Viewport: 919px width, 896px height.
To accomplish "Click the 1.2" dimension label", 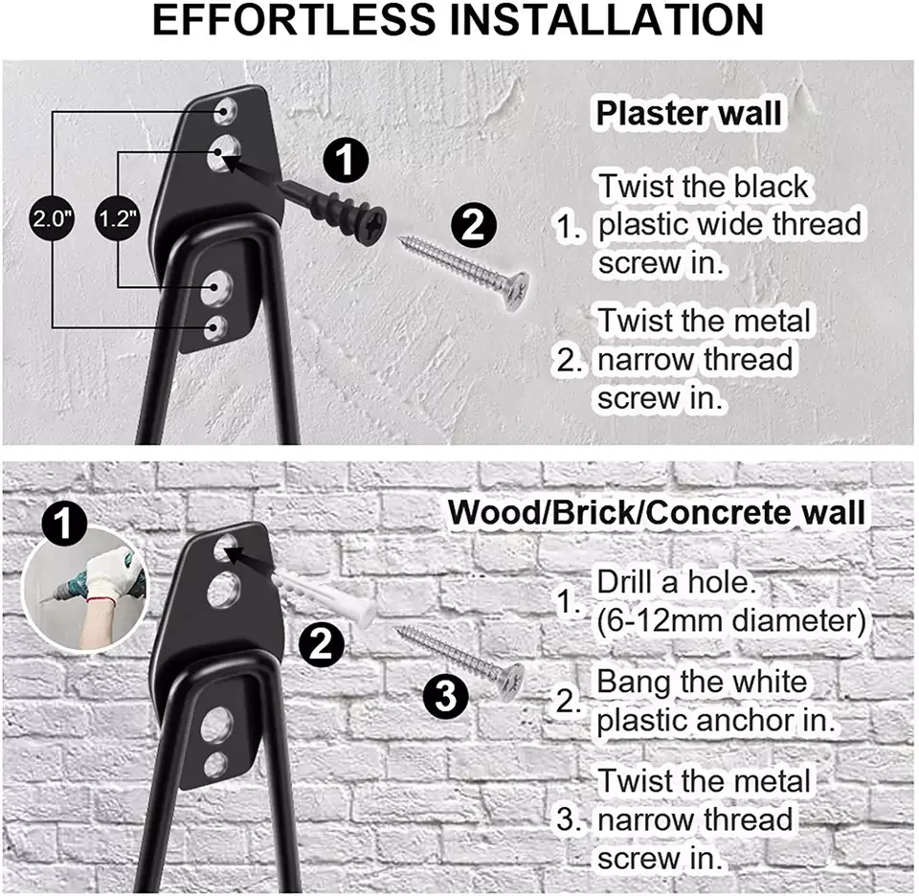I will [x=119, y=217].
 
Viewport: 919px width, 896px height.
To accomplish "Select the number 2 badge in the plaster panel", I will [x=473, y=226].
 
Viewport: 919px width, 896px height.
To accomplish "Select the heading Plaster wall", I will [x=688, y=113].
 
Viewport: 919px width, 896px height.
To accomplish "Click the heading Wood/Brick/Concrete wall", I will [x=656, y=512].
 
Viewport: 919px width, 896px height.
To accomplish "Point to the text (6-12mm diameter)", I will [x=730, y=620].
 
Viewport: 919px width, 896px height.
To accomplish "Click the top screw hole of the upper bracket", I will [x=227, y=108].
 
